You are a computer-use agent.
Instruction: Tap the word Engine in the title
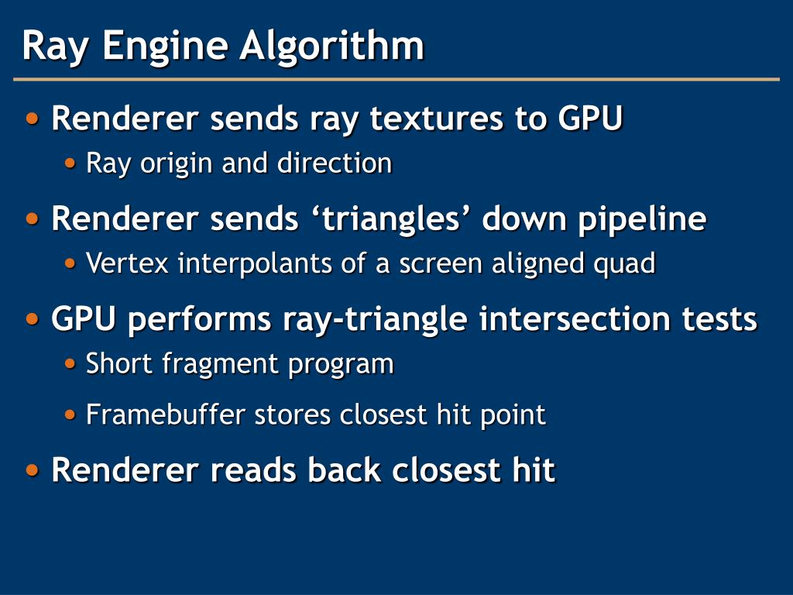pos(164,46)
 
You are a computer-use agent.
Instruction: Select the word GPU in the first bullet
pos(589,119)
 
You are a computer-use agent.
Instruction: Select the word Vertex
pos(127,263)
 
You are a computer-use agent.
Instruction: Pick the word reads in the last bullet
pos(252,469)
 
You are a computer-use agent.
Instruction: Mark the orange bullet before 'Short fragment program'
pos(71,363)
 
